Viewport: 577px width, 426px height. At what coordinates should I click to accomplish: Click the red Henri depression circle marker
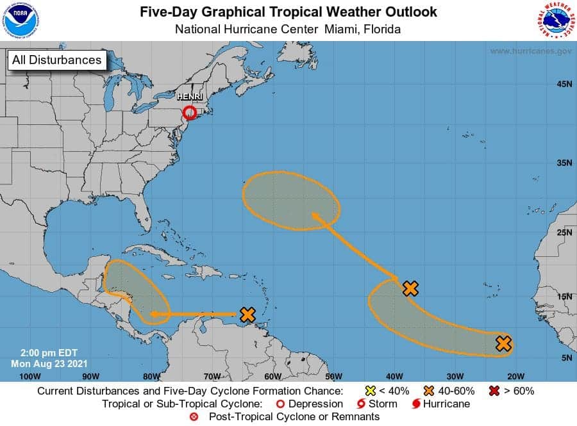189,113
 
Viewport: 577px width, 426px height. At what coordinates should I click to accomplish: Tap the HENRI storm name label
189,97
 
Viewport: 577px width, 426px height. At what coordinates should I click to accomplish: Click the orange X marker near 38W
410,288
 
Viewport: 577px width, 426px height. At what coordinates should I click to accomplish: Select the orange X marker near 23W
504,343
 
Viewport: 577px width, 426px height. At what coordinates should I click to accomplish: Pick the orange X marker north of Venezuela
247,315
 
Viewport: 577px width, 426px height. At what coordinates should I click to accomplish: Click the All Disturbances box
56,60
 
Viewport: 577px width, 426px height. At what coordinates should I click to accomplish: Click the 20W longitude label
515,375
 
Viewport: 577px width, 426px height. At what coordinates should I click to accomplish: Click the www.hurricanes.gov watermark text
531,51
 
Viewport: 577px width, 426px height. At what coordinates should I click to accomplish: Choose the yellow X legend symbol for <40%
369,391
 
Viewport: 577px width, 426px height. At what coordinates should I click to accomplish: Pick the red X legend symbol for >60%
494,391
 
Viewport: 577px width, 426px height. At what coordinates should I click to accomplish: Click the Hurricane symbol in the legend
416,404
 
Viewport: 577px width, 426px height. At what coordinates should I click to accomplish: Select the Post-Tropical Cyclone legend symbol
194,417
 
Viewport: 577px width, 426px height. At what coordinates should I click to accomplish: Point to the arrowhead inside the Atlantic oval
315,217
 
